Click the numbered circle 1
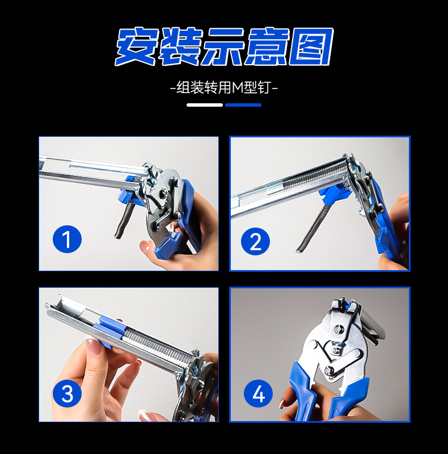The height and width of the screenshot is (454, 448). pos(67,239)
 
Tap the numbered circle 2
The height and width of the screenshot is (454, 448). pos(255,242)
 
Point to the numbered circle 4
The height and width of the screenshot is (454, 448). pos(258,394)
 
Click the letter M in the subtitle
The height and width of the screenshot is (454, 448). pos(238,87)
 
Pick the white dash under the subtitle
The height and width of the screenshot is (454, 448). pos(205,105)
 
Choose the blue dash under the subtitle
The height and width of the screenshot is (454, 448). pos(243,105)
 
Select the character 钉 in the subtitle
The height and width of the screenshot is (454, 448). pos(264,87)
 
